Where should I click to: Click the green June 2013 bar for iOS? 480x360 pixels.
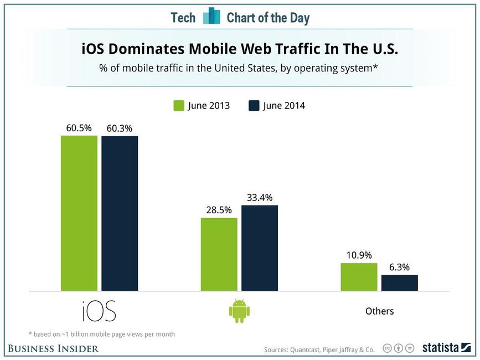click(79, 213)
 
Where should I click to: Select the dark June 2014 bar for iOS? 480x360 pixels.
click(120, 213)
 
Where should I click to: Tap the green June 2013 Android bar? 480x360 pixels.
click(219, 254)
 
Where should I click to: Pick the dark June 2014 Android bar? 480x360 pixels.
click(260, 248)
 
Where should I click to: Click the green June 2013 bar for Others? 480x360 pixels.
click(359, 277)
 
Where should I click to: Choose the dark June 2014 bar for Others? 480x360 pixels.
click(400, 282)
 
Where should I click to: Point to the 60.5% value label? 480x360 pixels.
click(79, 128)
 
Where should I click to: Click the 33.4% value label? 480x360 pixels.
click(260, 198)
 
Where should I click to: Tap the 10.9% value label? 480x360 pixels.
click(359, 256)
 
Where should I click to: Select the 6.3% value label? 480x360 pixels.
click(399, 268)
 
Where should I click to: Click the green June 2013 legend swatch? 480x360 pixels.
click(179, 105)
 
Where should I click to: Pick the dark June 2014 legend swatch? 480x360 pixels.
click(254, 105)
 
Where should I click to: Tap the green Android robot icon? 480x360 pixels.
click(239, 311)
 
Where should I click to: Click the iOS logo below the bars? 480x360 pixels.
click(99, 311)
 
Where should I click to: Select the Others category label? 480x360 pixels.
click(379, 311)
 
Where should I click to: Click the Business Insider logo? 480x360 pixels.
click(53, 348)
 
